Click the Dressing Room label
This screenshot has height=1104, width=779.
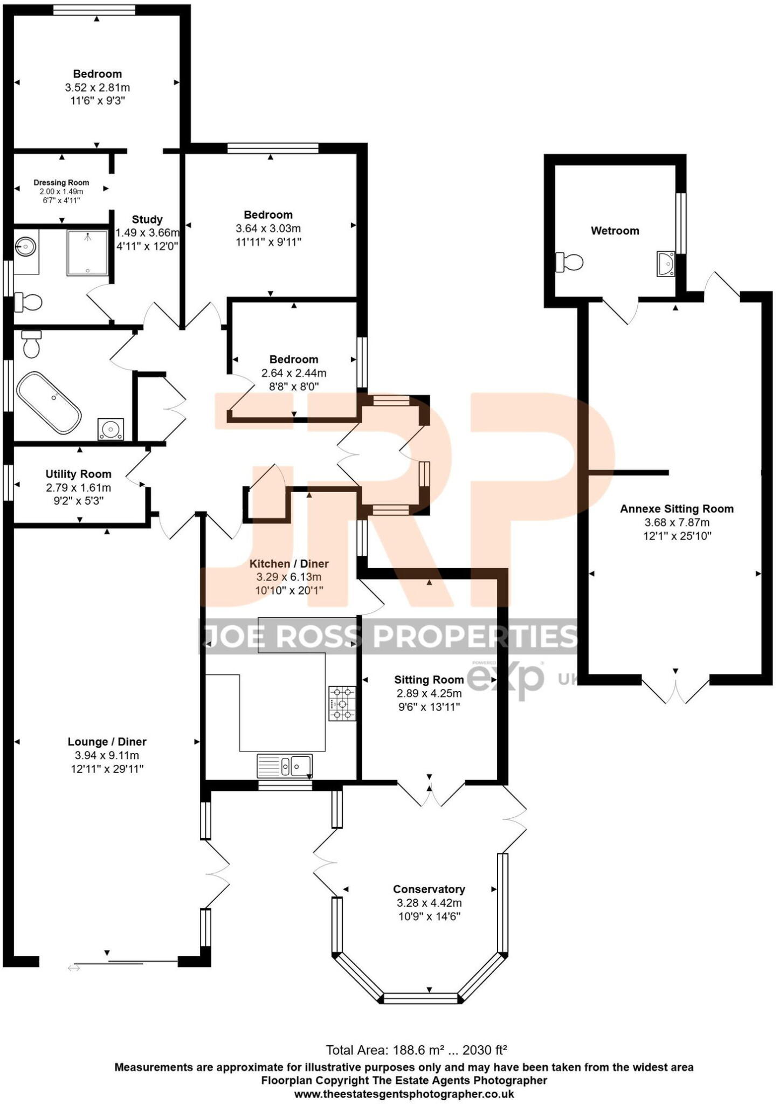click(61, 183)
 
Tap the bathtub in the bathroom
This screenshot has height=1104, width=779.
click(49, 402)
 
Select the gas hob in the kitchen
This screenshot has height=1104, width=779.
click(342, 703)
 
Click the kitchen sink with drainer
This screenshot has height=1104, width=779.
click(285, 765)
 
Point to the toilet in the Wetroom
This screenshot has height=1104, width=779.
click(570, 263)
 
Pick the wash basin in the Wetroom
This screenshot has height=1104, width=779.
click(666, 264)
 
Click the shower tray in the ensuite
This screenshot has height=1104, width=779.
click(87, 252)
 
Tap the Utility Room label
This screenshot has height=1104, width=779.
click(78, 474)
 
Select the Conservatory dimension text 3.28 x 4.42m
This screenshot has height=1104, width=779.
click(429, 903)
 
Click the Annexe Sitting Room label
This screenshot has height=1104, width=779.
click(677, 508)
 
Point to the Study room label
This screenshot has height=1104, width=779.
click(147, 219)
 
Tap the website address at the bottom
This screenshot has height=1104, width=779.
click(404, 1094)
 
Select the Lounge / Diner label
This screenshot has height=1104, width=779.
click(107, 742)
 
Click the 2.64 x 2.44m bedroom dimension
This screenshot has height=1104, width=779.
click(294, 373)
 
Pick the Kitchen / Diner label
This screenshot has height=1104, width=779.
click(289, 563)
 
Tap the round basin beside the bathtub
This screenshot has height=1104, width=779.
click(111, 430)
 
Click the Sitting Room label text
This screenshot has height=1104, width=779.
click(429, 680)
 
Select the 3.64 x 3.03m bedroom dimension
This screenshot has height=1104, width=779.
click(268, 229)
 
